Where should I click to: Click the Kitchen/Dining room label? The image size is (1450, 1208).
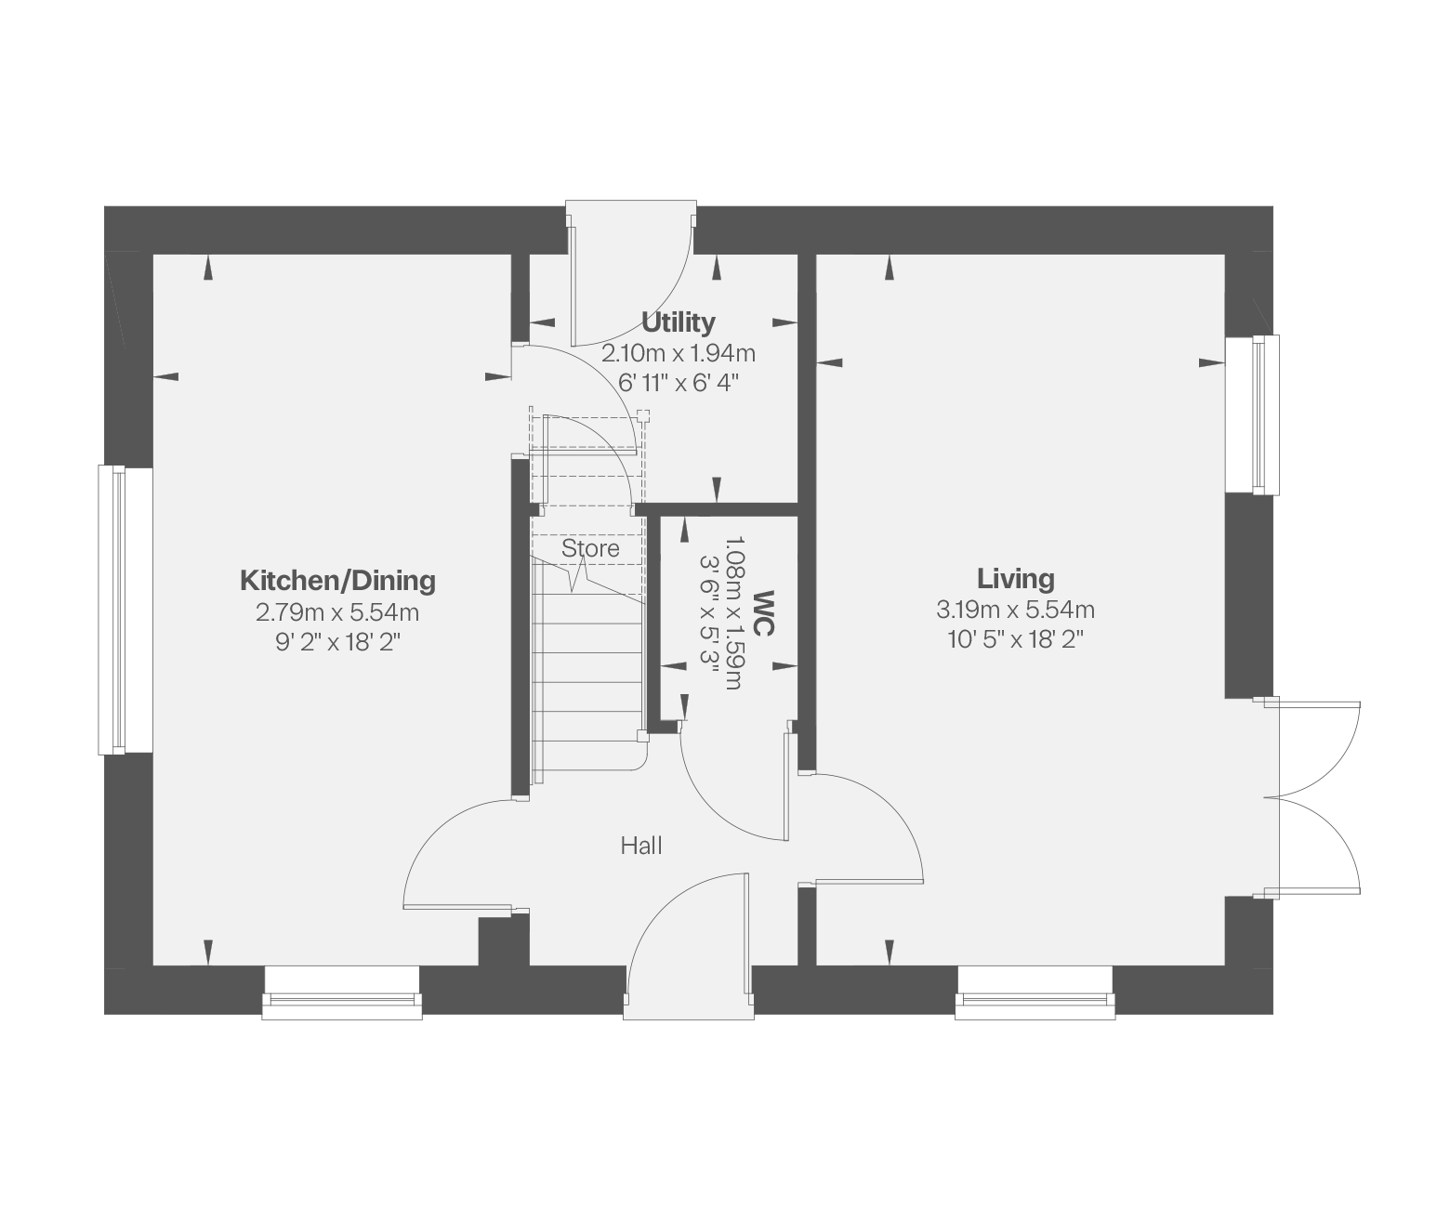click(337, 581)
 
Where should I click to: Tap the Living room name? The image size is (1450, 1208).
click(1015, 578)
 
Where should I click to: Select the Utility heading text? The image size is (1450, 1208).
click(678, 322)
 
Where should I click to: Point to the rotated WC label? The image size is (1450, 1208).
click(764, 613)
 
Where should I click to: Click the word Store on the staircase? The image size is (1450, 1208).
click(590, 548)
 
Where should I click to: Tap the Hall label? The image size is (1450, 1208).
click(641, 846)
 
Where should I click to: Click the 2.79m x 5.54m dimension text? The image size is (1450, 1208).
click(337, 611)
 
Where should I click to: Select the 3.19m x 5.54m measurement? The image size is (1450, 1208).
click(1015, 610)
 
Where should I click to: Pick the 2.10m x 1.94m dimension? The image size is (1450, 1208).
click(678, 353)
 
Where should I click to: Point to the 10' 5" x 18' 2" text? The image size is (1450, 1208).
click(1015, 638)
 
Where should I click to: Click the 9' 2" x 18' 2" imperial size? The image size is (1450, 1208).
click(337, 642)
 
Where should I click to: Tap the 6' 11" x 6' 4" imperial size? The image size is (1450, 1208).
click(678, 383)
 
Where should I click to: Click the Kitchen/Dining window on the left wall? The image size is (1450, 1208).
click(125, 610)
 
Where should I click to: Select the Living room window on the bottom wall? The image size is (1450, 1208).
click(1035, 993)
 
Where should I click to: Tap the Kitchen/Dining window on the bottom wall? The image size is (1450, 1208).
click(342, 993)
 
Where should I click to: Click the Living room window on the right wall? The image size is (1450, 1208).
click(1252, 415)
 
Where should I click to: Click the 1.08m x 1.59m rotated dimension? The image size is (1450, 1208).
click(735, 613)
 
